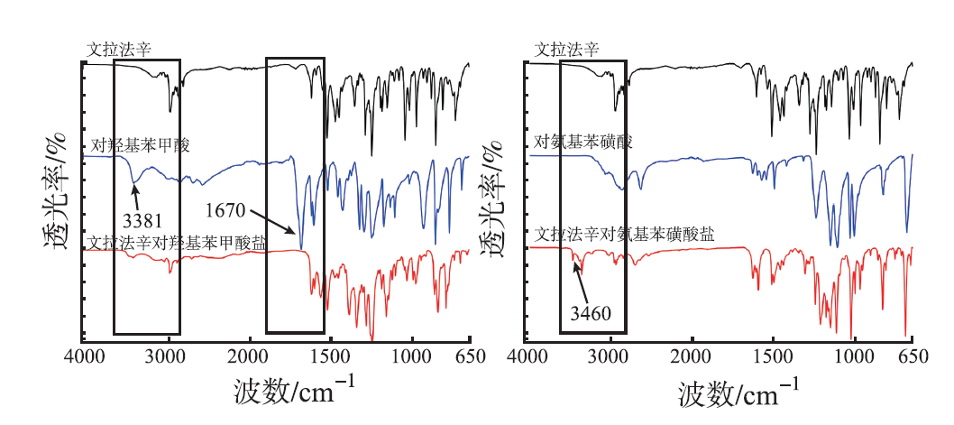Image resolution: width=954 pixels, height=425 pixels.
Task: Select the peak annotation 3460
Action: (592, 314)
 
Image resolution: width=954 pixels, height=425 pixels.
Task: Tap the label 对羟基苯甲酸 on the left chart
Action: (141, 144)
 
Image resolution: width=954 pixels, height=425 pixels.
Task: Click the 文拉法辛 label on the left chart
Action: (117, 51)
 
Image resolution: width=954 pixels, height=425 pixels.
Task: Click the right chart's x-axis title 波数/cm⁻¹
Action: (738, 391)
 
